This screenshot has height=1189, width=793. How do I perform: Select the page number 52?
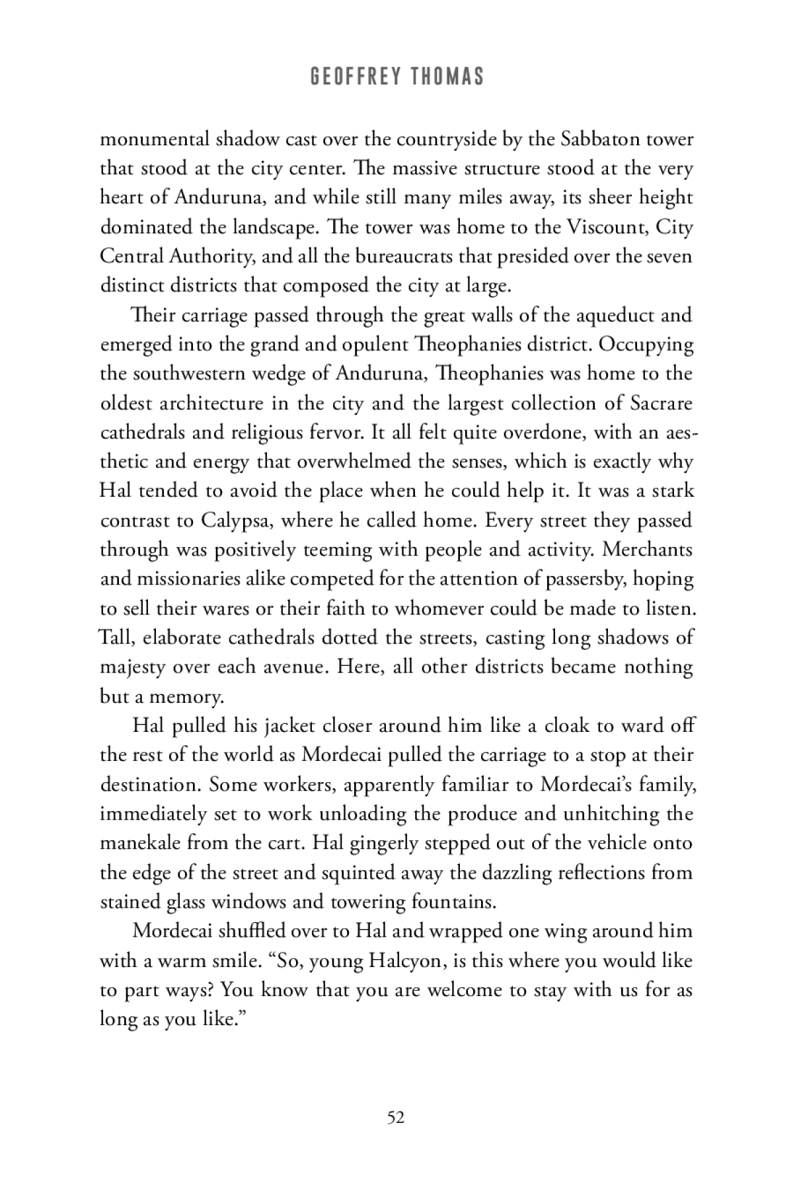point(396,1118)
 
